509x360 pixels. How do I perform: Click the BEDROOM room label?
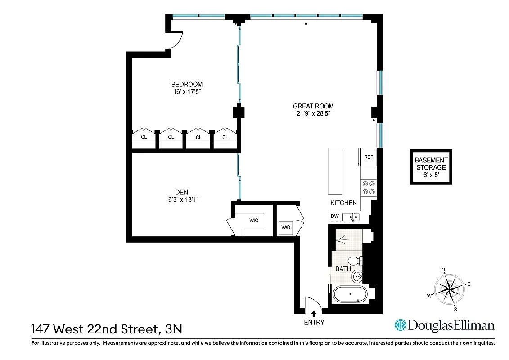(x=187, y=84)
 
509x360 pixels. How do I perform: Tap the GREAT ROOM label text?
(x=313, y=106)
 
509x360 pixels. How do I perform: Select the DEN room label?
(x=182, y=192)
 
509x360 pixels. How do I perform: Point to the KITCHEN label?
(x=343, y=203)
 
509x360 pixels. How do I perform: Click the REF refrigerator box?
(x=368, y=157)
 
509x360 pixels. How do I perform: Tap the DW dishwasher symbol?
(x=334, y=216)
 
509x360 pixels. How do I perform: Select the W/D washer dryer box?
(x=286, y=227)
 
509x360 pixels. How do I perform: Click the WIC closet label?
(x=254, y=220)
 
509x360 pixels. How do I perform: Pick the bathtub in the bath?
(x=350, y=295)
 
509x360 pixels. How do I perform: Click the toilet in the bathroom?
(x=354, y=261)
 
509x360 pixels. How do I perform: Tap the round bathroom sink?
(x=357, y=276)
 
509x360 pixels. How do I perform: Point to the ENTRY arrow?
(x=314, y=313)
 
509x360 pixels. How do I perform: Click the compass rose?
(x=449, y=289)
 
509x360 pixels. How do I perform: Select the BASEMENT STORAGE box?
(x=431, y=167)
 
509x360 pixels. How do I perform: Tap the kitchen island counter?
(x=335, y=170)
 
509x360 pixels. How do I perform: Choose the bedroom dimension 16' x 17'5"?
(x=187, y=92)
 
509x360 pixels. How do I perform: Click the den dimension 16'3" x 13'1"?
(x=182, y=199)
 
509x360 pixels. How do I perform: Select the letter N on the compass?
(x=443, y=270)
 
